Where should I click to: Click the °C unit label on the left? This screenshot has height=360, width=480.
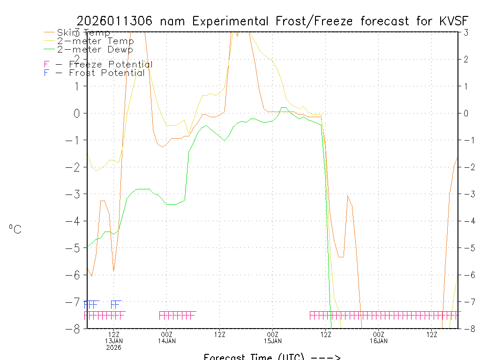click(15, 230)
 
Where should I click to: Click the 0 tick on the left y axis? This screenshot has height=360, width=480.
click(76, 113)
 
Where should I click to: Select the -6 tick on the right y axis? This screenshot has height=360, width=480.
click(467, 275)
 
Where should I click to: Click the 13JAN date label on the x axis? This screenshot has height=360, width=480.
click(114, 341)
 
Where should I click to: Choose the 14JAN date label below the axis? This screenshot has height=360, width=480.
click(167, 341)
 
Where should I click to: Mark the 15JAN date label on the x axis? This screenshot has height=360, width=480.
click(273, 341)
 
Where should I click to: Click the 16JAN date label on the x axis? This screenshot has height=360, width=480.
click(379, 341)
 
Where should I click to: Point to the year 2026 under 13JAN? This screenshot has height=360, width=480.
click(114, 348)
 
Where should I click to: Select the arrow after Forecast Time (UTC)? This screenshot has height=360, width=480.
click(325, 357)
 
